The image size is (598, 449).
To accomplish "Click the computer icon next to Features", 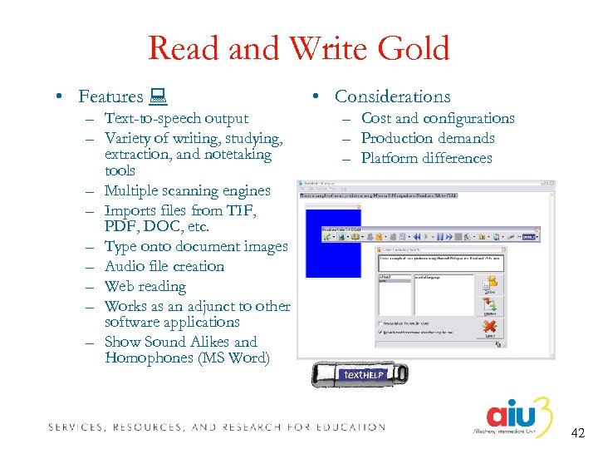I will coord(157,97).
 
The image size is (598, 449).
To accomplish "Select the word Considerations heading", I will coord(392,96).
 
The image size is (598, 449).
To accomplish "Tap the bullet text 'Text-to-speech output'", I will coord(176,118).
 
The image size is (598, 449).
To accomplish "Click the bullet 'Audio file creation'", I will coord(164,266).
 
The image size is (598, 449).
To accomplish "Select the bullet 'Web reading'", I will coord(145,286).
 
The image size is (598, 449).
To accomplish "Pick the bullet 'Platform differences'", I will coord(426,158).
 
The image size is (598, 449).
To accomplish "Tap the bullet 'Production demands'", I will coord(428,138).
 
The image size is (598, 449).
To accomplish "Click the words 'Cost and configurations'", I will coord(438,118).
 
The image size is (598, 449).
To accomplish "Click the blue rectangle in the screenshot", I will coord(333,242).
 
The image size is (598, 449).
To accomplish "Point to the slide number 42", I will coord(579,433).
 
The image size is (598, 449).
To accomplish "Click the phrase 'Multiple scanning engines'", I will coord(187,190).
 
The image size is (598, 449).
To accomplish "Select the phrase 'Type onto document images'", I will coord(196,246).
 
